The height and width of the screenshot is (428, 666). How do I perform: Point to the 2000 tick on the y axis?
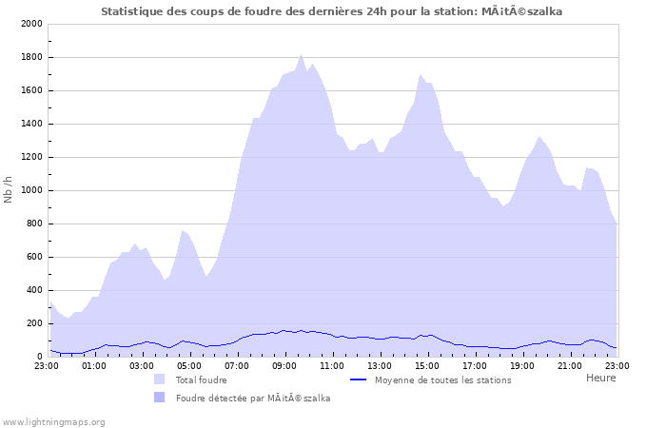tap(29, 24)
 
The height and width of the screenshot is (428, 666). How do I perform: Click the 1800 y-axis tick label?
tap(29, 57)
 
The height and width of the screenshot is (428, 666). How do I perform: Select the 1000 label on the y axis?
tap(29, 190)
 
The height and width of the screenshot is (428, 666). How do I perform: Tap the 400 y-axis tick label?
tap(32, 290)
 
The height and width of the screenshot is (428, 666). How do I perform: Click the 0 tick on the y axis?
tap(38, 357)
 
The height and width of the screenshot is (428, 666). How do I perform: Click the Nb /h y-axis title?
tap(9, 190)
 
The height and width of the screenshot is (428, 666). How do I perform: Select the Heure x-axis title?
tap(600, 378)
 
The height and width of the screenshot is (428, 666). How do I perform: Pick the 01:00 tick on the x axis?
tap(94, 364)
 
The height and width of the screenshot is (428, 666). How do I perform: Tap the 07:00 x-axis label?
tap(237, 364)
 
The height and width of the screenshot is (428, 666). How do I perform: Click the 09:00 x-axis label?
tap(284, 364)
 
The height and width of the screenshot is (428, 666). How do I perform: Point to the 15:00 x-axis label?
tap(427, 364)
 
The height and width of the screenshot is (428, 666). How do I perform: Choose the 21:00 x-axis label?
tap(570, 364)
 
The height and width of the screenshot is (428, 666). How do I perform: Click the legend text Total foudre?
tap(201, 379)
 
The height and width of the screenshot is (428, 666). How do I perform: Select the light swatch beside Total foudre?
tap(159, 379)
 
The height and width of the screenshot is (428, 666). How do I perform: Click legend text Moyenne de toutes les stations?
tap(442, 379)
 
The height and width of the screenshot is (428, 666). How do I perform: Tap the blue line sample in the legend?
tap(359, 379)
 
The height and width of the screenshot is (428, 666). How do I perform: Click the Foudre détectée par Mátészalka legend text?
tap(253, 398)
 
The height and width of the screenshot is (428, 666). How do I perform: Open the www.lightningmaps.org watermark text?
tap(53, 421)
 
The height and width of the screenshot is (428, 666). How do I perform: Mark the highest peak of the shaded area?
tap(302, 54)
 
